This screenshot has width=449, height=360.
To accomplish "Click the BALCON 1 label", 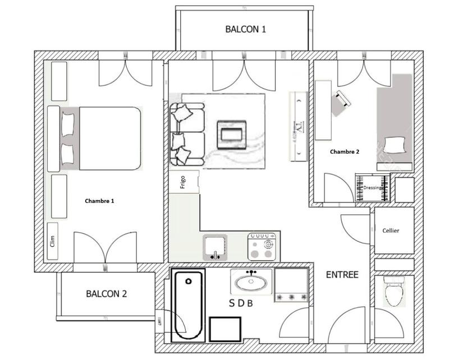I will [x=245, y=29].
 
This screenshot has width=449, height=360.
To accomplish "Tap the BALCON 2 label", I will [x=107, y=293].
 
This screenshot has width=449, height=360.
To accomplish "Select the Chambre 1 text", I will [x=99, y=201].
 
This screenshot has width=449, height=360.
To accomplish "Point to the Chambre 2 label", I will [x=345, y=152].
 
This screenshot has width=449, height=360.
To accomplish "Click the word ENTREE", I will [x=342, y=275].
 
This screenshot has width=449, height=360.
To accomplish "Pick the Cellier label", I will [x=391, y=230].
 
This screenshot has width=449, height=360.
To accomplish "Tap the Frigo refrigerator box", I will [x=184, y=182].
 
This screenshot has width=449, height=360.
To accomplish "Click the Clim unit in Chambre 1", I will [x=53, y=241].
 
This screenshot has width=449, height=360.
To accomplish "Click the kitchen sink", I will [x=215, y=247].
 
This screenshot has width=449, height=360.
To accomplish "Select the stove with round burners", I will [x=263, y=247].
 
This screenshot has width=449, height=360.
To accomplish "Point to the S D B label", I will [x=241, y=304].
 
